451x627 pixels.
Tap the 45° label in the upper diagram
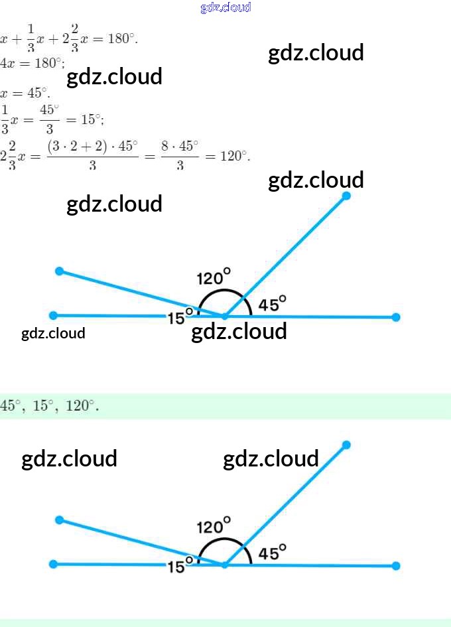[272, 304]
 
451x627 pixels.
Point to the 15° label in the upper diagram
[179, 317]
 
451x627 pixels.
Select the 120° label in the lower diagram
[214, 525]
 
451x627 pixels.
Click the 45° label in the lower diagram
[272, 552]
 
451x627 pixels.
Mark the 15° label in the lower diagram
[179, 566]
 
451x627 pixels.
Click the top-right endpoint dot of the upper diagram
[346, 196]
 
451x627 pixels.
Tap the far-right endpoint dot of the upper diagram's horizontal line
[396, 317]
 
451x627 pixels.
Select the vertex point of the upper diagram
[225, 316]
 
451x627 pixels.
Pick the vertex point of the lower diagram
[225, 565]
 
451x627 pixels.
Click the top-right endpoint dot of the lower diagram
[346, 445]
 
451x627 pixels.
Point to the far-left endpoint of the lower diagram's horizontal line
[54, 565]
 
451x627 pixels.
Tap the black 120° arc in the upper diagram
[224, 291]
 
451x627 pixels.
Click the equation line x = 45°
[25, 93]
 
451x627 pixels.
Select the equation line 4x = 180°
[32, 63]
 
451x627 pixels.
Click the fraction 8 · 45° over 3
[180, 155]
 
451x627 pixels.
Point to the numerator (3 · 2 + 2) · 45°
[92, 146]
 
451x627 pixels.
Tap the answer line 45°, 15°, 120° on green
[50, 405]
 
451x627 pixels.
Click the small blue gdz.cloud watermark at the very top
[225, 7]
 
